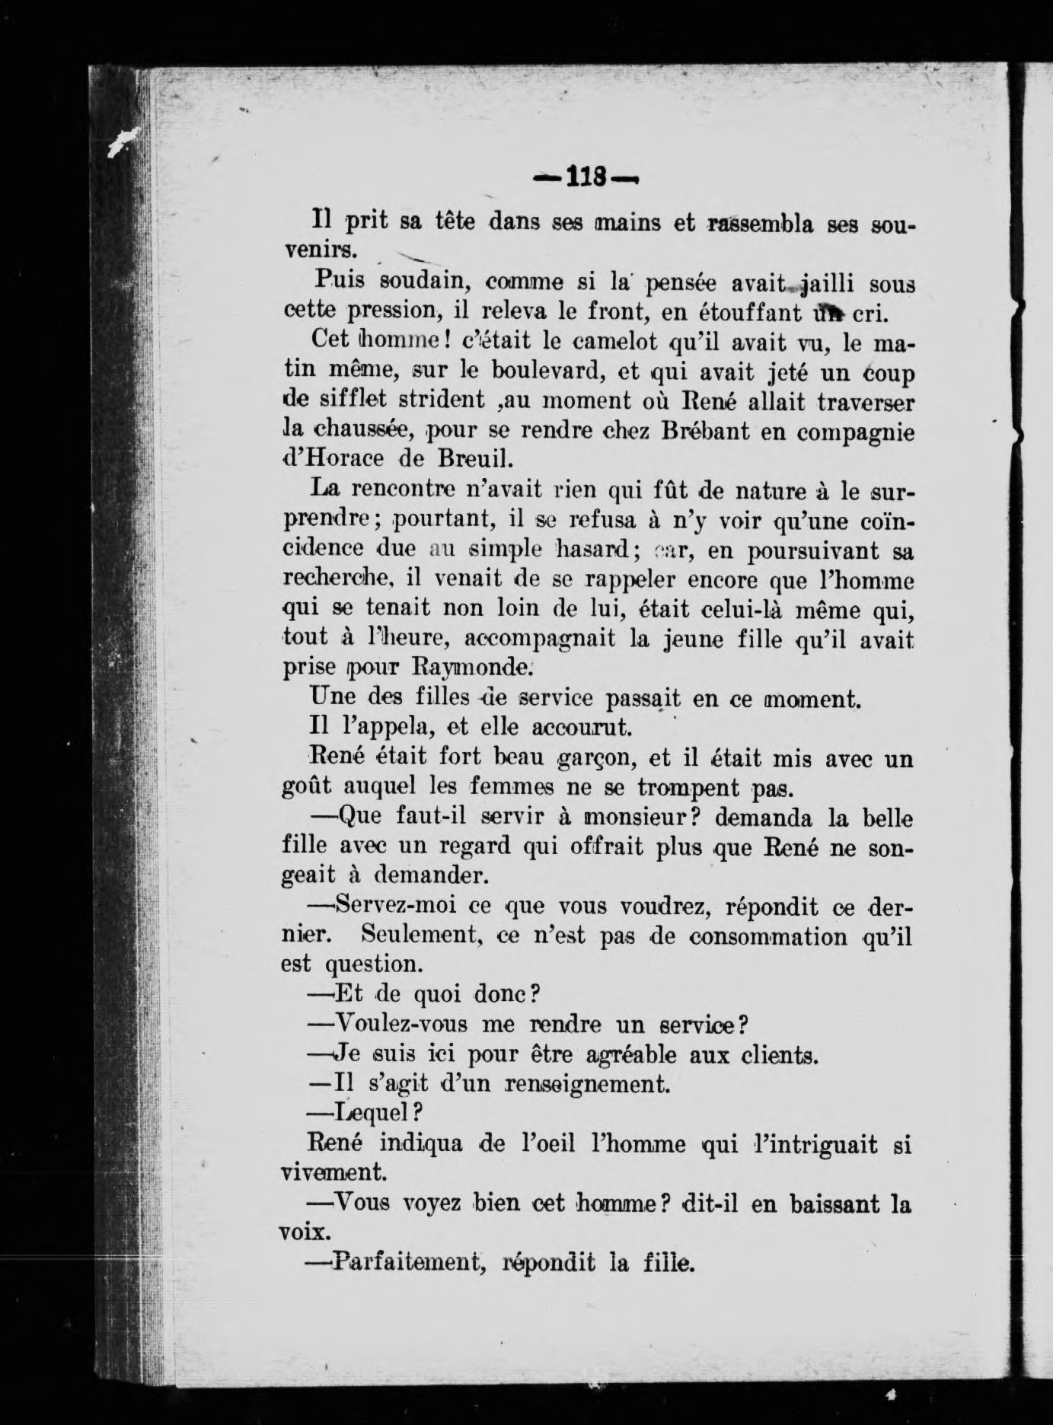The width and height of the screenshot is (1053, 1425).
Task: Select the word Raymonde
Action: click(x=470, y=667)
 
